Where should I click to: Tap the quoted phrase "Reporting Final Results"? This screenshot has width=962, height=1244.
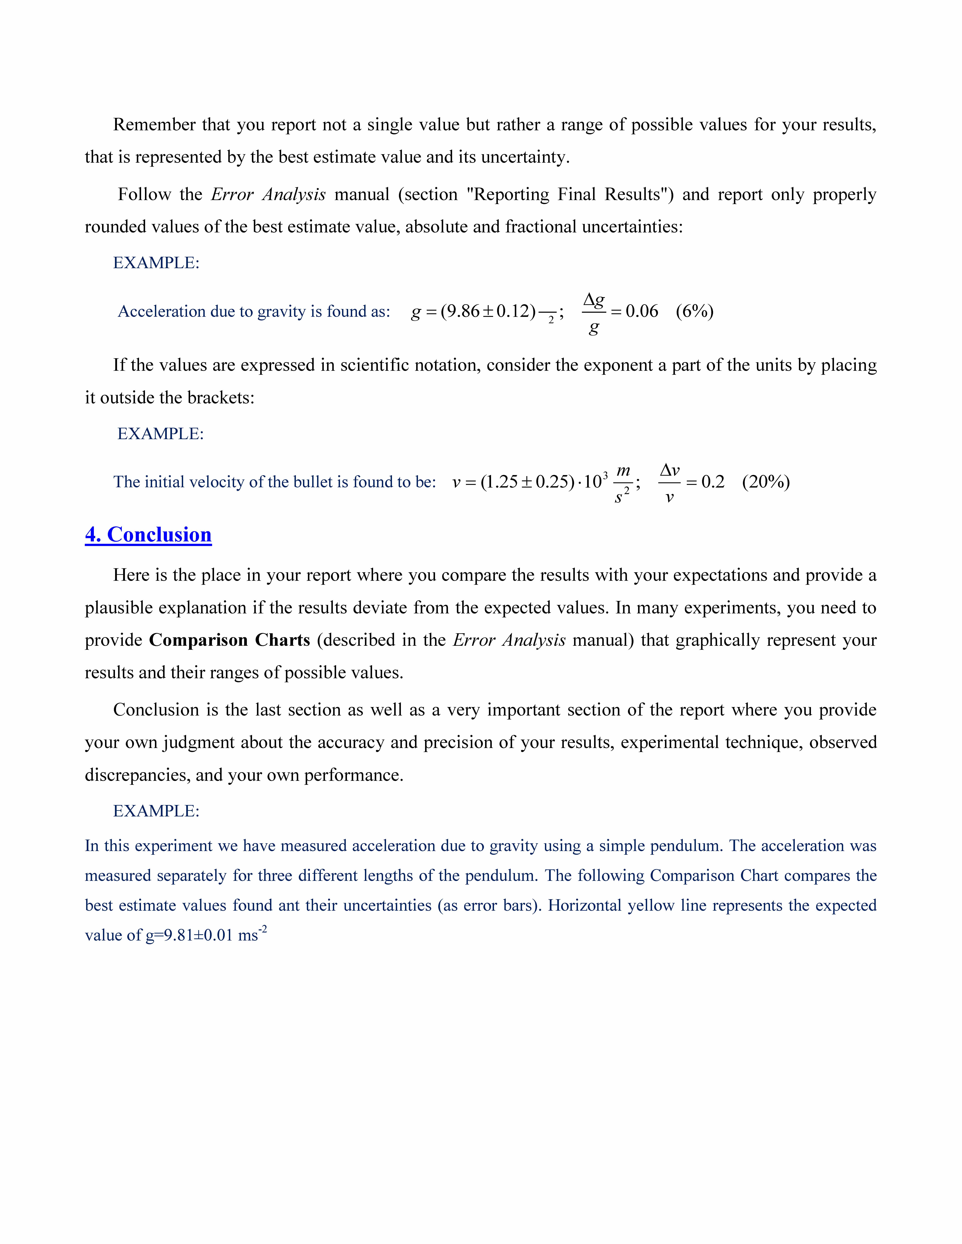coord(570,194)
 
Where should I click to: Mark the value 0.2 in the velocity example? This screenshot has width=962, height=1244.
coord(712,482)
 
